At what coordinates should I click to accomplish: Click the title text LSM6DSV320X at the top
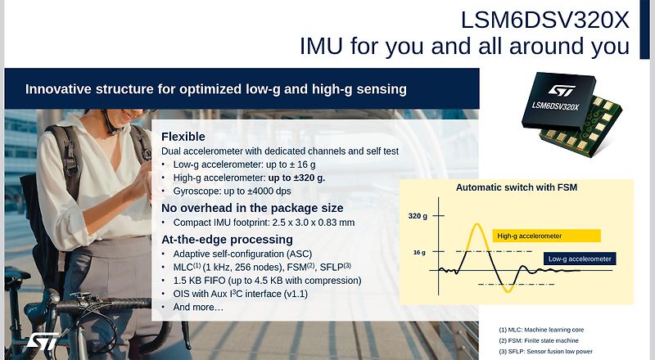pyautogui.click(x=544, y=20)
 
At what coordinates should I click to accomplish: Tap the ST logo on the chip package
pyautogui.click(x=562, y=90)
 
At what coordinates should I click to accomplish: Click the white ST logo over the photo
pyautogui.click(x=43, y=341)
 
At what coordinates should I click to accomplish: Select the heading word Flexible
pyautogui.click(x=183, y=137)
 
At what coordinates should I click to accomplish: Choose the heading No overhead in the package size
pyautogui.click(x=252, y=208)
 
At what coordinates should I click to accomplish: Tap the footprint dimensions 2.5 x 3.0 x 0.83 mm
pyautogui.click(x=314, y=223)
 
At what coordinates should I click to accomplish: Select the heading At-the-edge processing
pyautogui.click(x=227, y=239)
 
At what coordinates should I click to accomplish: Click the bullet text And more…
pyautogui.click(x=198, y=307)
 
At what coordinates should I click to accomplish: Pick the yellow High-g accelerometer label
pyautogui.click(x=546, y=236)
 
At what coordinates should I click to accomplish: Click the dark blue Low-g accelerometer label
pyautogui.click(x=580, y=259)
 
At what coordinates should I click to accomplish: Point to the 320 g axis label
pyautogui.click(x=418, y=216)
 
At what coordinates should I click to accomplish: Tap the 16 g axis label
pyautogui.click(x=419, y=252)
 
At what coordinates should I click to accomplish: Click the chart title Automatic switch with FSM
pyautogui.click(x=517, y=187)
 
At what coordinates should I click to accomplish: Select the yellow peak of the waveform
pyautogui.click(x=477, y=225)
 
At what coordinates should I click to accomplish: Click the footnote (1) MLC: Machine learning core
pyautogui.click(x=541, y=330)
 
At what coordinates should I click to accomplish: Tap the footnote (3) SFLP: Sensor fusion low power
pyautogui.click(x=545, y=351)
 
